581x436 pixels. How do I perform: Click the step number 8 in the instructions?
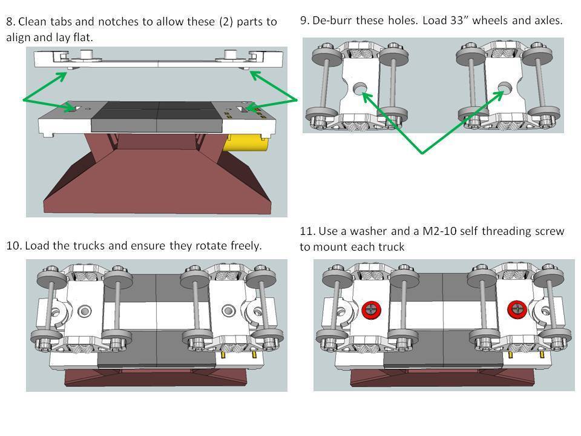(x=10, y=22)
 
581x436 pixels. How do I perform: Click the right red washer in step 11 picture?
(x=517, y=309)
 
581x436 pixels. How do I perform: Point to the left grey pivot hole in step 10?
(x=84, y=311)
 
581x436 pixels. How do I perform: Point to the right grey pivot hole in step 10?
(x=228, y=311)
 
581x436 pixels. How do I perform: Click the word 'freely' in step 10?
(x=243, y=246)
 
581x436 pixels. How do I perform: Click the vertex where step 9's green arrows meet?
(x=422, y=153)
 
